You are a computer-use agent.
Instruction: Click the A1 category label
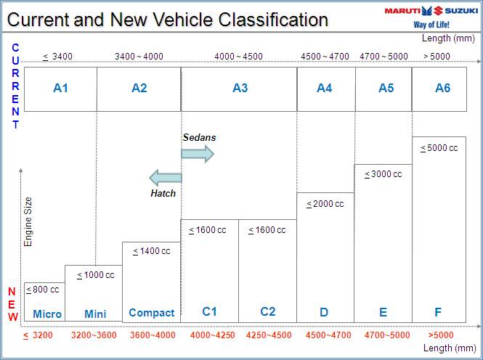60,89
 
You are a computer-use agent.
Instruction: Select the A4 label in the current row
325,89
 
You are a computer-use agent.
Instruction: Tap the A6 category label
442,89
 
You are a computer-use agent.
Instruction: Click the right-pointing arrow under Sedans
198,153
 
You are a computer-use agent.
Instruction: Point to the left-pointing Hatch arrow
165,178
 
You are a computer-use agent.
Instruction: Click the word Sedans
199,137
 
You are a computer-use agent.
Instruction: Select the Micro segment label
47,314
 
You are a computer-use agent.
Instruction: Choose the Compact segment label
151,313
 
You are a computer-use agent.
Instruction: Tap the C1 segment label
209,312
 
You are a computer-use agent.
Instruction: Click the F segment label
438,313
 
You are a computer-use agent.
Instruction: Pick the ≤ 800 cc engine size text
43,290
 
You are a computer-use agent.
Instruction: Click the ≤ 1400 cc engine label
151,251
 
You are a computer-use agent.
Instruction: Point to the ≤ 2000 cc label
325,204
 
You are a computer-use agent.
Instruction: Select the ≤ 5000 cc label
439,148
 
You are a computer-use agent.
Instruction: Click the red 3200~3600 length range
94,335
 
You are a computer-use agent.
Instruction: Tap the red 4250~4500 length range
268,335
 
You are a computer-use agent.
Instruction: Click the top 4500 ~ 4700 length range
325,56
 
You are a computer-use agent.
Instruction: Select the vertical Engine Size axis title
28,221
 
